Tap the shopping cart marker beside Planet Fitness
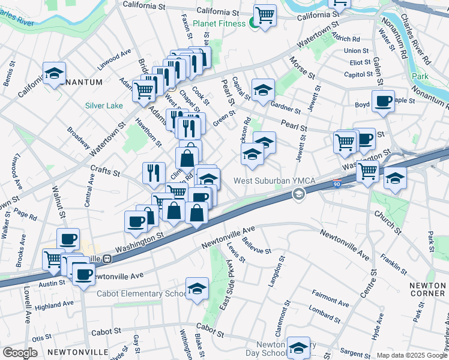pyautogui.click(x=265, y=15)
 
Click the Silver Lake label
pyautogui.click(x=104, y=106)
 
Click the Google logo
pyautogui.click(x=19, y=352)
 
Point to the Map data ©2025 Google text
pyautogui.click(x=412, y=355)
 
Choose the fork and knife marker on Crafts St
pyautogui.click(x=154, y=173)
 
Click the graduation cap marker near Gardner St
pyautogui.click(x=263, y=90)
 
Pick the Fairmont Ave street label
pyautogui.click(x=330, y=298)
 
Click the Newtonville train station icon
pyautogui.click(x=107, y=259)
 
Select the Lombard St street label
pyautogui.click(x=323, y=314)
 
